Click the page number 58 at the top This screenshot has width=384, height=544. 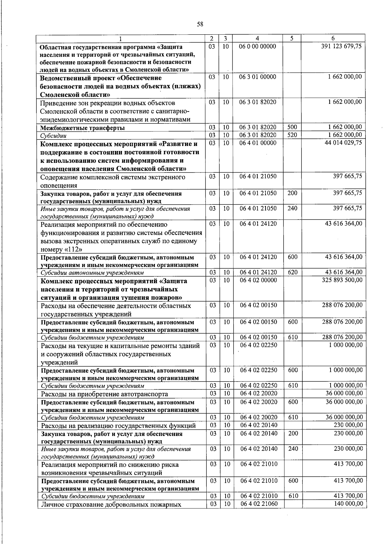(x=200, y=24)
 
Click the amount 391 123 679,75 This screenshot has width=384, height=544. (x=341, y=46)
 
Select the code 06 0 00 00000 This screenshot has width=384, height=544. (x=258, y=46)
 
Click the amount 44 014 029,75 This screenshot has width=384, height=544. (x=343, y=143)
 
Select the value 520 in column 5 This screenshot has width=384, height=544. (x=292, y=135)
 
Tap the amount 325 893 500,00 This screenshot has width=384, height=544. (x=342, y=280)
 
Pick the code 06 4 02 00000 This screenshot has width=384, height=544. (x=259, y=280)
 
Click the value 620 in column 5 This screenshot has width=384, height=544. (x=292, y=272)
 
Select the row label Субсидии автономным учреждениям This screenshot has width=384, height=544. (x=92, y=273)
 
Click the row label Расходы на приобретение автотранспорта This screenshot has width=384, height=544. (x=104, y=394)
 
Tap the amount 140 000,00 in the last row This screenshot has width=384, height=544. (x=348, y=504)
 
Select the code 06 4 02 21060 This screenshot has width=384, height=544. (x=259, y=504)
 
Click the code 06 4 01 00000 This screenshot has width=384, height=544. (x=258, y=143)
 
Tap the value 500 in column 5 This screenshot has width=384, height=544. (x=292, y=128)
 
